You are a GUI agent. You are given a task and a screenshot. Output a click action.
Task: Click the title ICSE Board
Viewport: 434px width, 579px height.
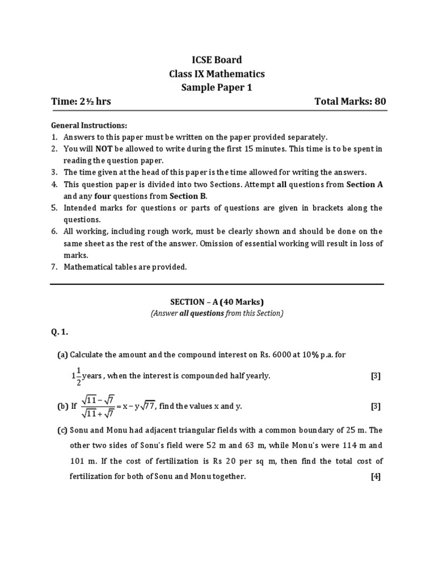coord(217,60)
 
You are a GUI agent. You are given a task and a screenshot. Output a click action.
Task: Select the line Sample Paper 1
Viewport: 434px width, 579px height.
coord(217,87)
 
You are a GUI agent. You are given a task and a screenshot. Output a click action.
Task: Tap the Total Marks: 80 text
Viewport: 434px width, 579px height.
coord(350,101)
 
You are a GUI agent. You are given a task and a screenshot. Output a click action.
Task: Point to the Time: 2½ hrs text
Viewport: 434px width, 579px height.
coord(81,101)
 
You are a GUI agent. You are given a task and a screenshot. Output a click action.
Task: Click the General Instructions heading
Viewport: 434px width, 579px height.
coord(89,125)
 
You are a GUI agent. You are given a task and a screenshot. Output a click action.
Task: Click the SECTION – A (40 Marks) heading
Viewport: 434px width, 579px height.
coord(217,301)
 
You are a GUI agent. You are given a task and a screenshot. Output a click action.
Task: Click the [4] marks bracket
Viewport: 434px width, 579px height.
coord(376,476)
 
